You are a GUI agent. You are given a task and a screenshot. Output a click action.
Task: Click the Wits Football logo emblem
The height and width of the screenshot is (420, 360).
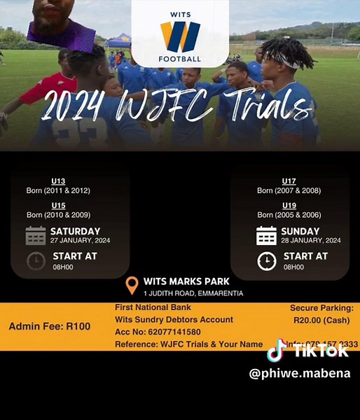(x=180, y=36)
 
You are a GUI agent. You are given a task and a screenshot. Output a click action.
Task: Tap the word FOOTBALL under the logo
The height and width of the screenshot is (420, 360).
(x=180, y=59)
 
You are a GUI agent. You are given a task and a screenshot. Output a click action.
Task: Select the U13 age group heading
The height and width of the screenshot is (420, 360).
(x=58, y=181)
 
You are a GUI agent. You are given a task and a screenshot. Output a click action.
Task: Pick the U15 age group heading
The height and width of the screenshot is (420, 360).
(x=58, y=205)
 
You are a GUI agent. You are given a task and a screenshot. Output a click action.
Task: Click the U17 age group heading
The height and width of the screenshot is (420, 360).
(x=289, y=181)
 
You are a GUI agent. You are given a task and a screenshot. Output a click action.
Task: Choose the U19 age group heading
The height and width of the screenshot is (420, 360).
(x=289, y=205)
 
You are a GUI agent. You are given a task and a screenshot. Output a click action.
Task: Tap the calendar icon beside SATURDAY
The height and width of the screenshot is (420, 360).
(x=36, y=235)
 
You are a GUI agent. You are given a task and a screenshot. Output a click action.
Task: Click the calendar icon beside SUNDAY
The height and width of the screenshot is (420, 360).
(x=266, y=235)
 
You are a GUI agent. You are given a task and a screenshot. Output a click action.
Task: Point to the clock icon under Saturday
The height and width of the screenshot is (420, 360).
(x=36, y=260)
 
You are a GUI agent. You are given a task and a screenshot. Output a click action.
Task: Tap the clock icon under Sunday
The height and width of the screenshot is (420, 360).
(x=266, y=260)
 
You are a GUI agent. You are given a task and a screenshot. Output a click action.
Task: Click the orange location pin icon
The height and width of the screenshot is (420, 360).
(x=132, y=286)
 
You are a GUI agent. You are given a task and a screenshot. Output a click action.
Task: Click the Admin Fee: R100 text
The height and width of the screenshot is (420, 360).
(x=50, y=326)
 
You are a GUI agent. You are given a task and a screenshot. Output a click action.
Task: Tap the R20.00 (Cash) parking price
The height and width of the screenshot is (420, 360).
(x=321, y=320)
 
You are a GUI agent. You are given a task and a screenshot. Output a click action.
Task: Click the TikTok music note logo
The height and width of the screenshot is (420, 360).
(x=277, y=350)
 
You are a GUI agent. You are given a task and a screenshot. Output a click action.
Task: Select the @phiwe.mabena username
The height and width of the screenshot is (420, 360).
(x=300, y=373)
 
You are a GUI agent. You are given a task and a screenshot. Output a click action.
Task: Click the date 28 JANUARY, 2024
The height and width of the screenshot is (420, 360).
(x=311, y=240)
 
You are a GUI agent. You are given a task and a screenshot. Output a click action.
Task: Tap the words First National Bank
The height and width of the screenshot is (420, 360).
(x=153, y=307)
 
